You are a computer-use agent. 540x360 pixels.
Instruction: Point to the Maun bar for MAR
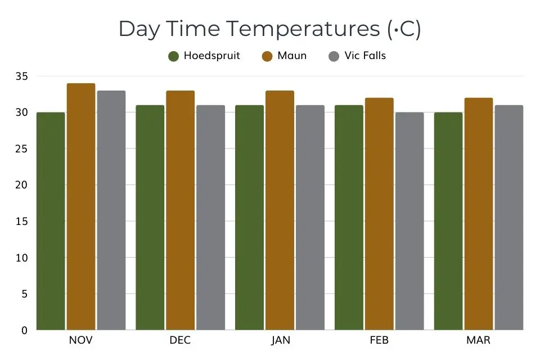tap(479, 214)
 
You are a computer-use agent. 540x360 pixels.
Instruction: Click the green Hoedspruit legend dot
tap(174, 56)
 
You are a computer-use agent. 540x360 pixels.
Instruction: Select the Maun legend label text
tap(292, 56)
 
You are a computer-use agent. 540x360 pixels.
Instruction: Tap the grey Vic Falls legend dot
tap(334, 56)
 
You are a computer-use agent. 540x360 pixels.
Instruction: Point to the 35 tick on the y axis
tap(21, 76)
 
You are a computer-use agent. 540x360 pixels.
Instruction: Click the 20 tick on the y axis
tap(21, 185)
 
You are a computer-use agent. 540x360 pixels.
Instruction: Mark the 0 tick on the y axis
tap(24, 330)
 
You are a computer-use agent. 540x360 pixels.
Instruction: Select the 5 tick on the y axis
tap(24, 294)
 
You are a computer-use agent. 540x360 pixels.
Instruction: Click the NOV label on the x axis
tap(81, 341)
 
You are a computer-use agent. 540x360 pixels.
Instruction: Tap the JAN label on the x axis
tap(280, 341)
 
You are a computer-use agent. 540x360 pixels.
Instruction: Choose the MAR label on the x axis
tap(479, 341)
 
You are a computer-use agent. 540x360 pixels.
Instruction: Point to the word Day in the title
tap(139, 30)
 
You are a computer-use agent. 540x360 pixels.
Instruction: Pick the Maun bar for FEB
tap(379, 214)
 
